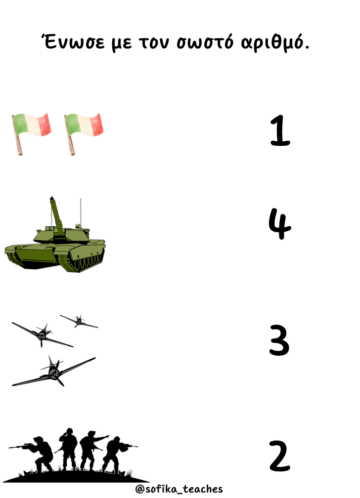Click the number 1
click(280, 130)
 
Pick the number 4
click(279, 224)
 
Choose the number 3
click(279, 340)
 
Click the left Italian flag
click(31, 133)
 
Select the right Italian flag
click(84, 133)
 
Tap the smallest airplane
click(79, 321)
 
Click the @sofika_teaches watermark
click(179, 489)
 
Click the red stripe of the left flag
click(45, 124)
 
